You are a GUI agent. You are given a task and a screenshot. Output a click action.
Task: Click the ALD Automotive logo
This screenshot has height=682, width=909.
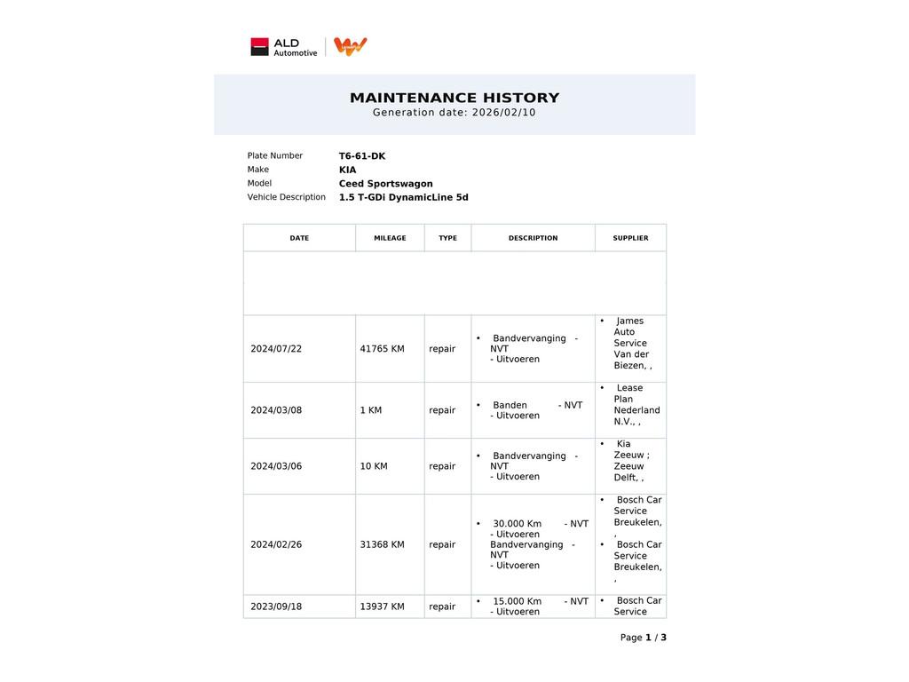[x=283, y=47]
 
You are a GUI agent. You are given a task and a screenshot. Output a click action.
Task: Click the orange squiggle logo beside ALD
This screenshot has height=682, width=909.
[x=351, y=46]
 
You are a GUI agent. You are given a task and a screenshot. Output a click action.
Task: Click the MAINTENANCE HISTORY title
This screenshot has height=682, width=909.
[x=454, y=98]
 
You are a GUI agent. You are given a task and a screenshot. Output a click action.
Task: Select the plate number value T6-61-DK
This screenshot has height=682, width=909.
[x=362, y=156]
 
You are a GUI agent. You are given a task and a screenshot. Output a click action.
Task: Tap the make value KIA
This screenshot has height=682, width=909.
[x=347, y=170]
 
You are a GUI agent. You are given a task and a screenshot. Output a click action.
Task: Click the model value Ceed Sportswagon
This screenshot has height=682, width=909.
[x=385, y=184]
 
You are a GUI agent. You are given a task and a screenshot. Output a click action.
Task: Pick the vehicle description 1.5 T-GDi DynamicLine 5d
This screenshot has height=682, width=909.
[x=403, y=197]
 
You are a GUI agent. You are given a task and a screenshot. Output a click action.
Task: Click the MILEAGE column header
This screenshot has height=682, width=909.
[x=390, y=238]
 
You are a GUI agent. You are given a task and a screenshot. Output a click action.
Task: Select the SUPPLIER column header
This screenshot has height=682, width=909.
[x=630, y=238]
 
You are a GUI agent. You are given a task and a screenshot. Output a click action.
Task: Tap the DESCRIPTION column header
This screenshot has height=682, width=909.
[x=533, y=238]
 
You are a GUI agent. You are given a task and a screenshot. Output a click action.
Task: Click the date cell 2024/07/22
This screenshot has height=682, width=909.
[x=276, y=349]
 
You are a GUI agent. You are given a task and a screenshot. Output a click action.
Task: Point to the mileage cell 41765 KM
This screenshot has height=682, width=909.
[x=382, y=349]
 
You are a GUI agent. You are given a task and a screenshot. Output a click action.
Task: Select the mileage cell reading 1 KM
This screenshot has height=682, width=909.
[x=371, y=410]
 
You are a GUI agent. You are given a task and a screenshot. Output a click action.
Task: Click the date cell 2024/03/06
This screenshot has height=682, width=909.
[x=276, y=466]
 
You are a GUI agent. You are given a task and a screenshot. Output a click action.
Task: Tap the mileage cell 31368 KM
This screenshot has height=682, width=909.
[x=382, y=544]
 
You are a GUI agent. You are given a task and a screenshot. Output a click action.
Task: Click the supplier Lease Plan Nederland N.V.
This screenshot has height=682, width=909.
[x=636, y=405]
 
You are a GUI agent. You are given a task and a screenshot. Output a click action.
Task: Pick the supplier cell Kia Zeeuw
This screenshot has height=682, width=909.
[x=630, y=461]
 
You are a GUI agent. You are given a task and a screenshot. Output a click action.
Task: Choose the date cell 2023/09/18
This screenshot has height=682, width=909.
[x=276, y=607]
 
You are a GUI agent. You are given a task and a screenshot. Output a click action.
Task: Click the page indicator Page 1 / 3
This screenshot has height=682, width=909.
[x=643, y=638]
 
